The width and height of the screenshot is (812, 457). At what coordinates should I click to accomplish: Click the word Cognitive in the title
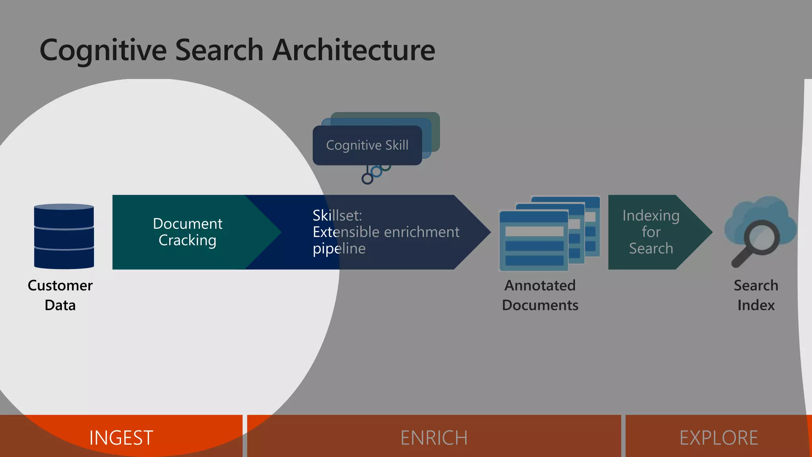[103, 50]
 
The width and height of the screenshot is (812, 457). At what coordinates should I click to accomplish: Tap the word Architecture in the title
[354, 50]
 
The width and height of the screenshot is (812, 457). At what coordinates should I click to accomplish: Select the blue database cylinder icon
[64, 236]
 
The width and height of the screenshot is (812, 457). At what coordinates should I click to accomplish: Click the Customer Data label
[60, 295]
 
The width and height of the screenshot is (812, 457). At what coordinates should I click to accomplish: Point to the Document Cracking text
[188, 232]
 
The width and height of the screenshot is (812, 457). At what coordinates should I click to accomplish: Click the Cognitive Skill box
[367, 145]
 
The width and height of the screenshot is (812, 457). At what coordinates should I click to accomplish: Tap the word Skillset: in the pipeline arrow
[337, 216]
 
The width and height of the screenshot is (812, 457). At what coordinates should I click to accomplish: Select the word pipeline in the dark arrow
[339, 249]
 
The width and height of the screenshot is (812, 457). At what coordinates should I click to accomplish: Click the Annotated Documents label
[540, 295]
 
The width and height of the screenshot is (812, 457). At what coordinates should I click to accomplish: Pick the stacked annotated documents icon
[549, 234]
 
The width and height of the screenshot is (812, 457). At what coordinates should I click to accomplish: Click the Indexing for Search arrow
[651, 232]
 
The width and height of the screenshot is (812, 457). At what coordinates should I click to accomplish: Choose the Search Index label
[756, 295]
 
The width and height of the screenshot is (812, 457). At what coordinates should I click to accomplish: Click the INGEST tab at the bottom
[121, 438]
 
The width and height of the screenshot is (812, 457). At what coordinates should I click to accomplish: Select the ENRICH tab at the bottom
[434, 438]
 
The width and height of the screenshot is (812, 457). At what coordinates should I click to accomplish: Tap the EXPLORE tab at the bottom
[718, 438]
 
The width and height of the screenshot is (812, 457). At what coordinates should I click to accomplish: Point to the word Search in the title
[219, 50]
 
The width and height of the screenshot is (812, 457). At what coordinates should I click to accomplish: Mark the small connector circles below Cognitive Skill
[375, 173]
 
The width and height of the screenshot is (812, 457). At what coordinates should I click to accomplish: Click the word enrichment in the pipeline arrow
[422, 232]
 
